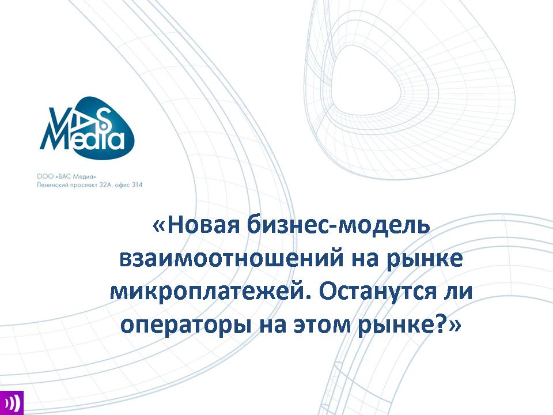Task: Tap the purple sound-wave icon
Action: (x=12, y=403)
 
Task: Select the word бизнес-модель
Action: (x=338, y=225)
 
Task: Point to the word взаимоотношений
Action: (x=231, y=259)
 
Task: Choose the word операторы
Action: (x=185, y=326)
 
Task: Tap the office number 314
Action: (x=138, y=184)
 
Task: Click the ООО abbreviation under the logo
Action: (x=42, y=176)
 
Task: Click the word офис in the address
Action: (x=122, y=185)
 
